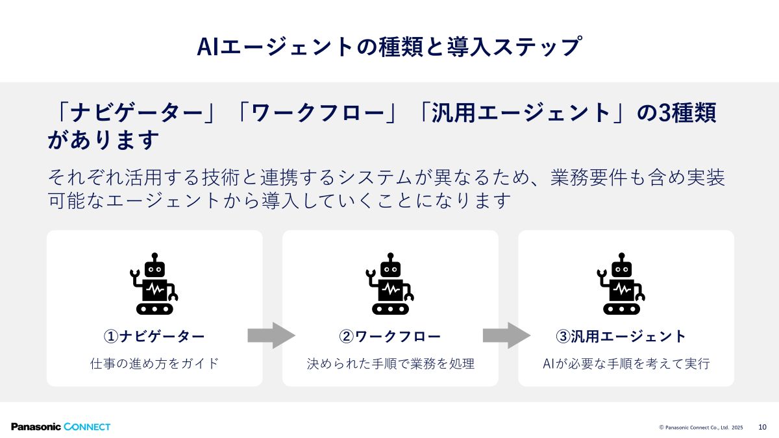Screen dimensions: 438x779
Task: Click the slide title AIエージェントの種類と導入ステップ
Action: [x=388, y=47]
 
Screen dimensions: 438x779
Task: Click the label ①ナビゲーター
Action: [x=155, y=336]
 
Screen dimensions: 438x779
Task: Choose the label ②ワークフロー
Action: [x=390, y=336]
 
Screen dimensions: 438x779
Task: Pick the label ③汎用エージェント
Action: [x=621, y=336]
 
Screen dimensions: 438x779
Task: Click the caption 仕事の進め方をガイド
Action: [x=155, y=363]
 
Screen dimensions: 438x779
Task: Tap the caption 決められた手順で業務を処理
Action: [x=390, y=363]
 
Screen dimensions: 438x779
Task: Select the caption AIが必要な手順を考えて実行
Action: [x=626, y=363]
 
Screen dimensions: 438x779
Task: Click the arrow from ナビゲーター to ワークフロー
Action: [x=271, y=335]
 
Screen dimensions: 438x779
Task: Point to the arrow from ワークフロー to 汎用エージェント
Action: [x=506, y=335]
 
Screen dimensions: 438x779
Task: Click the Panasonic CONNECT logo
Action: [x=60, y=426]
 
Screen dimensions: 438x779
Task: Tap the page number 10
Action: [x=762, y=427]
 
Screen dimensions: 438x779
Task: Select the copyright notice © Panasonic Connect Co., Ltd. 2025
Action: [x=701, y=428]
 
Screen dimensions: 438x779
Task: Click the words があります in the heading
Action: [x=104, y=140]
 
